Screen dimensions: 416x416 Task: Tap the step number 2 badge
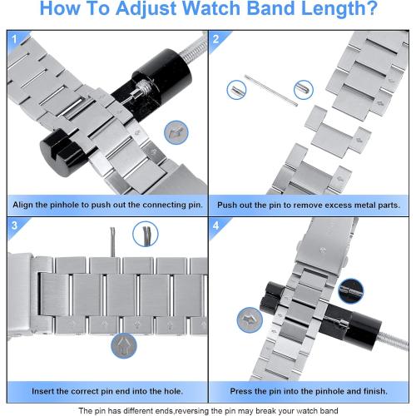215,39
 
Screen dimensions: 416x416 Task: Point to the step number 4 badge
215,225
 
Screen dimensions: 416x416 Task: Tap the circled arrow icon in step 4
250,319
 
